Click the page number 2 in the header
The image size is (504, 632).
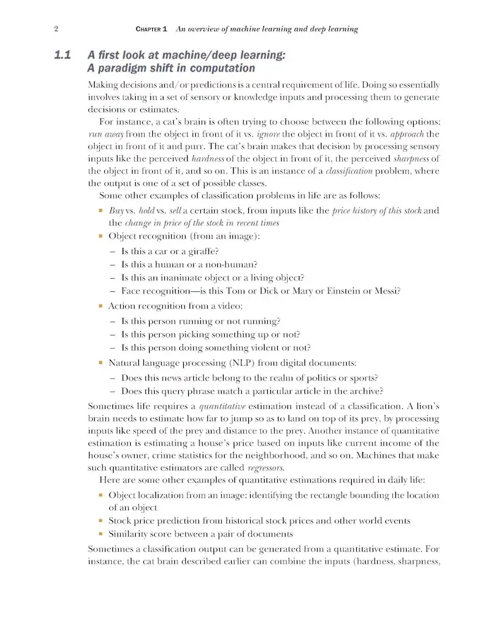click(56, 29)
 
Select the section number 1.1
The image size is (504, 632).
click(64, 56)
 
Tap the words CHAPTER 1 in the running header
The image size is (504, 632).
click(152, 29)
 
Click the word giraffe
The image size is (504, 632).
click(198, 251)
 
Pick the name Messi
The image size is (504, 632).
click(388, 291)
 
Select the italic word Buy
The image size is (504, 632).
click(116, 210)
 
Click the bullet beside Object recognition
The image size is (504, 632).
click(100, 236)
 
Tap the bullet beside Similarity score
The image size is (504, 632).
click(100, 534)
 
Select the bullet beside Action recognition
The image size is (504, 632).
click(100, 306)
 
